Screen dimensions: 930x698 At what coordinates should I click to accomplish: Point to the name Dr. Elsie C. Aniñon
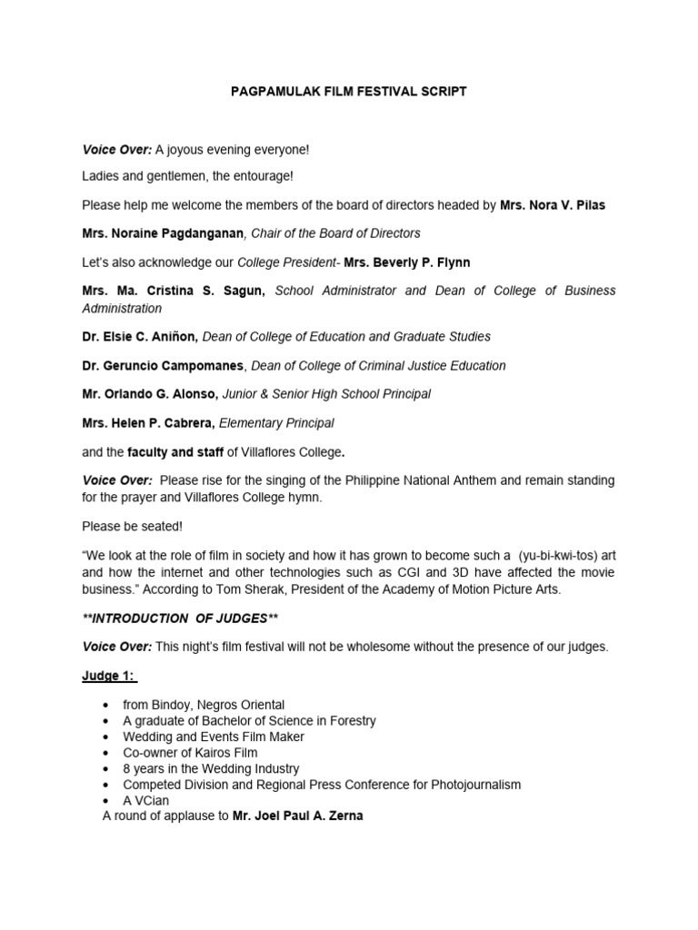click(140, 337)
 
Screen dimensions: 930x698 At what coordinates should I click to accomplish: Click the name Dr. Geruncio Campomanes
click(163, 366)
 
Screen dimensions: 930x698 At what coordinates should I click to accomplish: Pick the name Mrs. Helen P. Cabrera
click(149, 423)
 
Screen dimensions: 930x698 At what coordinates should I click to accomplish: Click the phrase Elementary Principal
click(278, 423)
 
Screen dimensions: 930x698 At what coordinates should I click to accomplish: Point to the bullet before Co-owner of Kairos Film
click(108, 753)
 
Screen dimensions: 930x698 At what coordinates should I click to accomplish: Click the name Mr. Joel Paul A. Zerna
click(297, 816)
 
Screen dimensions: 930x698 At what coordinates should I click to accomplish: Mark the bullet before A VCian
click(108, 800)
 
